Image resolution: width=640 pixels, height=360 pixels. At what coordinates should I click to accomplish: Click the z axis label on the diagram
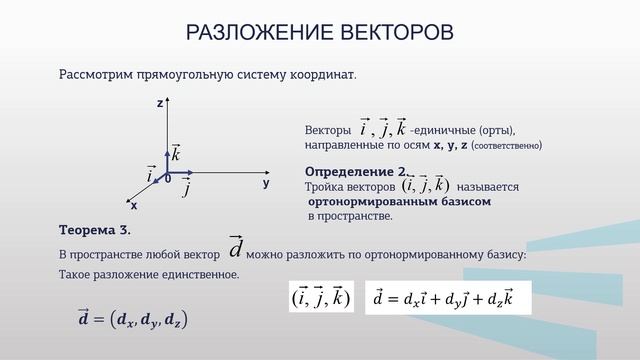160,103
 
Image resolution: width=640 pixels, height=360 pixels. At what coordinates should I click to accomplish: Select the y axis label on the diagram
266,184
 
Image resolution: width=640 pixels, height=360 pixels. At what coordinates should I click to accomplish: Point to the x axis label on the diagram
133,205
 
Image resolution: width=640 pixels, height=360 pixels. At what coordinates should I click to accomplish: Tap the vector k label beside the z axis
175,153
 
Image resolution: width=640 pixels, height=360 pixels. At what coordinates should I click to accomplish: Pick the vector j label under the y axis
187,186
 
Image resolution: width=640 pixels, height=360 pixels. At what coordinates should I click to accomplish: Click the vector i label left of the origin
151,174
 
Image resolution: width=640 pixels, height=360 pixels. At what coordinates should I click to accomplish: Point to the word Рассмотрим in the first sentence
94,74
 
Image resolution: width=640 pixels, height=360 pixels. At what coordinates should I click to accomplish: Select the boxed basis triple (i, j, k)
321,297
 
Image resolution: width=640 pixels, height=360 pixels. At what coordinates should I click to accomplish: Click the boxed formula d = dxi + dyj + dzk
447,297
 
